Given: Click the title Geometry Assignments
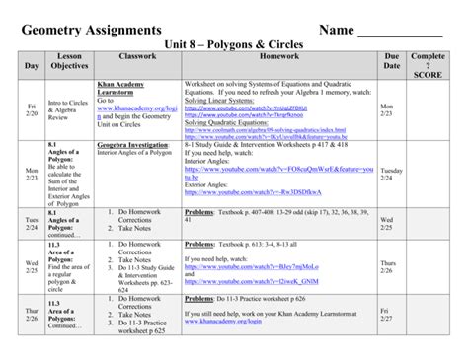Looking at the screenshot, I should (x=95, y=31).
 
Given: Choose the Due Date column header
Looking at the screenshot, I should (x=391, y=64).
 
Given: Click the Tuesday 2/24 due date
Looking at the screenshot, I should (x=391, y=175).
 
